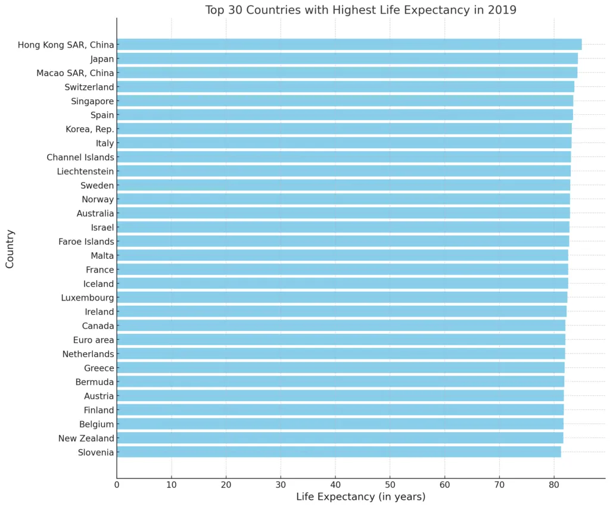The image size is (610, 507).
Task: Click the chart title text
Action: pyautogui.click(x=360, y=10)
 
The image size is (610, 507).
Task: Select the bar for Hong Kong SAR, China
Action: pyautogui.click(x=348, y=45)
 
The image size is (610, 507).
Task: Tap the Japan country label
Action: pyautogui.click(x=102, y=59)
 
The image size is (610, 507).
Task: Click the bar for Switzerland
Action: pyautogui.click(x=345, y=87)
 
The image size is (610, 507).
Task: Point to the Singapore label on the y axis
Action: pyautogui.click(x=92, y=101)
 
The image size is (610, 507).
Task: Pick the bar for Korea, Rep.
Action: pyautogui.click(x=344, y=129)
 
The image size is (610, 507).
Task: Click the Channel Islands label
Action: pyautogui.click(x=80, y=157)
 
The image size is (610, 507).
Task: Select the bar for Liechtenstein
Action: pyautogui.click(x=343, y=171)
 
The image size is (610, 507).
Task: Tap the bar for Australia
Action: pyautogui.click(x=343, y=213)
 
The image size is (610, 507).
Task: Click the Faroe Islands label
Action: pyautogui.click(x=86, y=242)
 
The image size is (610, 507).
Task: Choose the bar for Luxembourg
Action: pyautogui.click(x=342, y=298)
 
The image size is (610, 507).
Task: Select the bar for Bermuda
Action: pyautogui.click(x=340, y=382)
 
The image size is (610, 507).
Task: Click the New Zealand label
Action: pyautogui.click(x=86, y=439)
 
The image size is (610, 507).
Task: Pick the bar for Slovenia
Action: pyautogui.click(x=338, y=452)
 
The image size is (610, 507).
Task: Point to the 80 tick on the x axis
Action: pyautogui.click(x=554, y=484)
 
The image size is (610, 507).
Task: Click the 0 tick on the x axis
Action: pyautogui.click(x=117, y=484)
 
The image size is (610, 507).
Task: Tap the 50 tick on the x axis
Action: pyautogui.click(x=390, y=484)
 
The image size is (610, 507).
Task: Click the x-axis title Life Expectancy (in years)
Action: pyautogui.click(x=360, y=497)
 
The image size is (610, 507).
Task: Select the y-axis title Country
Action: pyautogui.click(x=10, y=249)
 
